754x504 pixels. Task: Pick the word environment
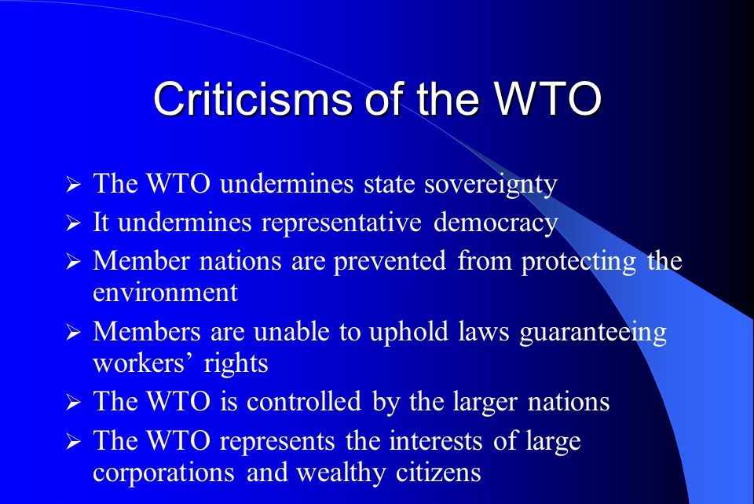[x=165, y=292]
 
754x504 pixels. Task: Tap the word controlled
[x=303, y=402]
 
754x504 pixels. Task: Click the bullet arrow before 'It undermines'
[x=74, y=225]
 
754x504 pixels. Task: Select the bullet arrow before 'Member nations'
[x=74, y=263]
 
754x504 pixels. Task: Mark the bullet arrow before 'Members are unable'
[x=74, y=334]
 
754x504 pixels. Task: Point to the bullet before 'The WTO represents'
[x=74, y=443]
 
